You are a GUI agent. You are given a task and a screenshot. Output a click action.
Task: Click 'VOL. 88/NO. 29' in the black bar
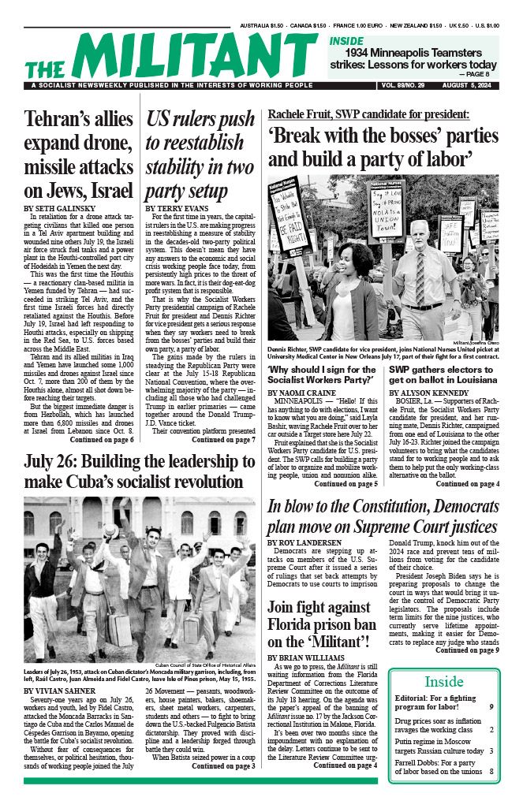tap(401, 85)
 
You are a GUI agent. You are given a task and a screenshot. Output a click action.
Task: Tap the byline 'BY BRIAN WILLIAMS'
tap(307, 657)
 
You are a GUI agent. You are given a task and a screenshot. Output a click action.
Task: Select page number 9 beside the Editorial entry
tap(491, 707)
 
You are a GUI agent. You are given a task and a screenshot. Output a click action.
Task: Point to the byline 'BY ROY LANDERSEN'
tap(306, 542)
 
